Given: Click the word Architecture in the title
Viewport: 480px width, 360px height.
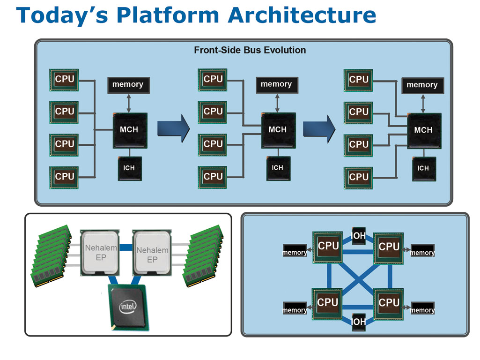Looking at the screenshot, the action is [302, 15].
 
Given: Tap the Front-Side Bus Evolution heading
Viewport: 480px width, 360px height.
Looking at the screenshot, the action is [250, 50].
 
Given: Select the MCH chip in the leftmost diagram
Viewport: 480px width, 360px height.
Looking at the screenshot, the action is [130, 130].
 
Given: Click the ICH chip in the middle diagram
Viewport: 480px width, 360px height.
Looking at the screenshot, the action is [278, 168].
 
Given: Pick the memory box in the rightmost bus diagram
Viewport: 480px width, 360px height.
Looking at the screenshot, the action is [422, 85].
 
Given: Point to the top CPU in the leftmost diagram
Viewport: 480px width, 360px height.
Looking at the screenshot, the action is [64, 80].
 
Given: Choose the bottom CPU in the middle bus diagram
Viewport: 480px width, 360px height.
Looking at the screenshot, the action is [213, 177].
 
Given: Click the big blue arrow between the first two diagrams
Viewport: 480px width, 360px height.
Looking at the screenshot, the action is [174, 128].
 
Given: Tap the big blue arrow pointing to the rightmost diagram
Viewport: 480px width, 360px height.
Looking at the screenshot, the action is [319, 129].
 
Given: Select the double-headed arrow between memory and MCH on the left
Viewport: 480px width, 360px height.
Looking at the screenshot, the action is [129, 103].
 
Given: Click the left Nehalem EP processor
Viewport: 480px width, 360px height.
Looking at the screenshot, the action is [100, 253].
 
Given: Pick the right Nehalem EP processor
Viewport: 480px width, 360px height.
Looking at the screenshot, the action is [152, 253].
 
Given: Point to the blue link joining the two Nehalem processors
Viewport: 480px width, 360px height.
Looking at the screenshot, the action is [126, 247].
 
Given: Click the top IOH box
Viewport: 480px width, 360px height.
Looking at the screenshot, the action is [358, 236].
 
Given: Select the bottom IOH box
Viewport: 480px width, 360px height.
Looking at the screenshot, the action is [358, 322].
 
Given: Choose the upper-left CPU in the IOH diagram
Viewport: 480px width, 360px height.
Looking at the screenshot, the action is [327, 247].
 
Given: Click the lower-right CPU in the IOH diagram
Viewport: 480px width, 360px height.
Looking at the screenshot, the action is [389, 304].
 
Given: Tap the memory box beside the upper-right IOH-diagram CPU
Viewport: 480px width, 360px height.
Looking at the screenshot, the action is [422, 250].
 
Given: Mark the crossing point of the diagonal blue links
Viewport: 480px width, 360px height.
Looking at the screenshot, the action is [358, 279].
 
